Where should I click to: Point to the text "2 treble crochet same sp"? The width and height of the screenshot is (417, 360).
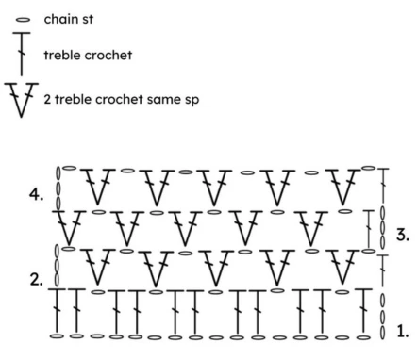coord(124,99)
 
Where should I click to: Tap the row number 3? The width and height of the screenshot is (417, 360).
coord(401,236)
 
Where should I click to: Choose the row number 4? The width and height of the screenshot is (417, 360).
coord(35,197)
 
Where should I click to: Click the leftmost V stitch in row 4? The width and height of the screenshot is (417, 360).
coord(97,187)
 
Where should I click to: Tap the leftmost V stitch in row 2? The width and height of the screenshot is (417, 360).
coord(97,268)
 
